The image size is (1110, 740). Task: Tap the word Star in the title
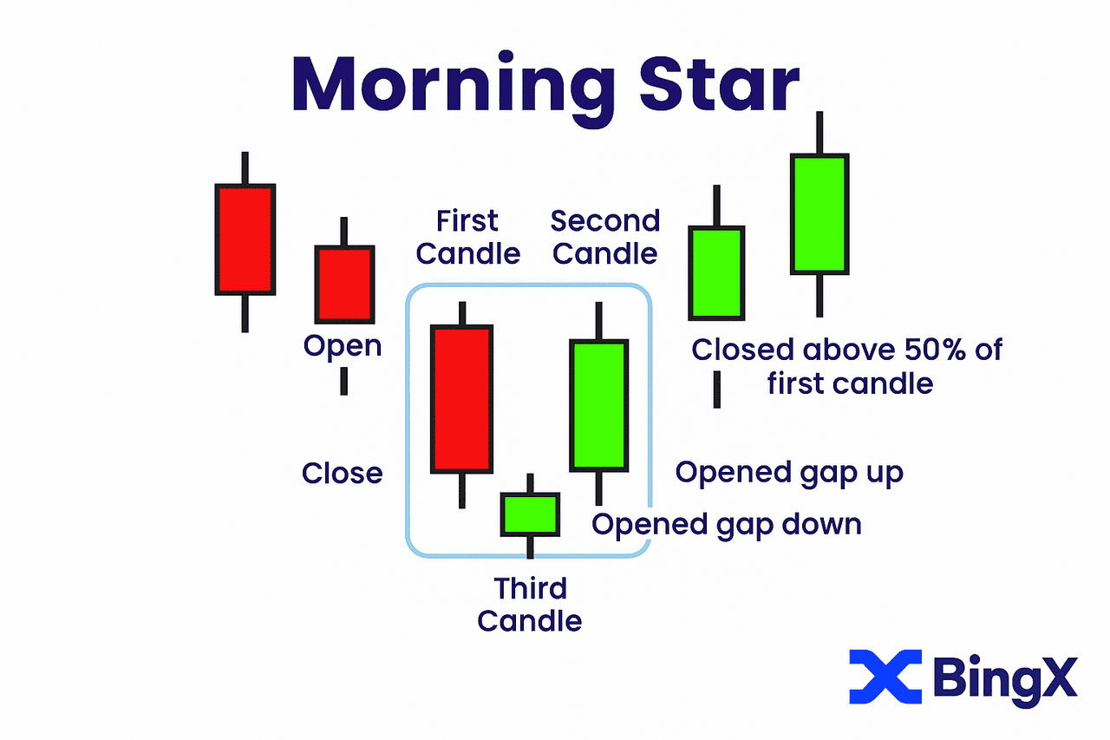[x=720, y=84]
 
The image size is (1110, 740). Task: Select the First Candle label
[x=467, y=237]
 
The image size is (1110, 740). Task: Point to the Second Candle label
[x=605, y=237]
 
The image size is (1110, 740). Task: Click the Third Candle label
[x=530, y=604]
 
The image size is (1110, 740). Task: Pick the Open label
[x=343, y=346]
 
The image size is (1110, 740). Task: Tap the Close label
[x=342, y=473]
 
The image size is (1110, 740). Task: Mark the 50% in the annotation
[x=935, y=350]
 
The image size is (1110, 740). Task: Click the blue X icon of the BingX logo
[x=885, y=677]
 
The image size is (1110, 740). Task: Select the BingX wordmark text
[x=1005, y=678]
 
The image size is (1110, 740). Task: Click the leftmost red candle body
[x=245, y=240]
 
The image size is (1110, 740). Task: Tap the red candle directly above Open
[x=344, y=285]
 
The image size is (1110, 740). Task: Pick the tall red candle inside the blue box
[x=462, y=399]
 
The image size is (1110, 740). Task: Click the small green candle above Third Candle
[x=530, y=514]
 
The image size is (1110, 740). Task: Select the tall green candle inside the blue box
[x=599, y=405]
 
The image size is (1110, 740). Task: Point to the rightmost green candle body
[x=819, y=214]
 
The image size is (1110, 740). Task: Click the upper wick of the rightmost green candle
[x=819, y=133]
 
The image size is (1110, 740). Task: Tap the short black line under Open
[x=344, y=381]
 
